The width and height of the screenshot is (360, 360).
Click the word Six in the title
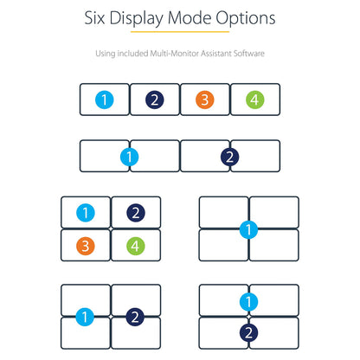click(x=94, y=18)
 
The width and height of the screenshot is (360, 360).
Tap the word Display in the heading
click(x=137, y=19)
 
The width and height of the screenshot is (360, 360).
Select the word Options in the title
click(x=246, y=19)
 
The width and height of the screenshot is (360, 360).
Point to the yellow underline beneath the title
click(x=180, y=31)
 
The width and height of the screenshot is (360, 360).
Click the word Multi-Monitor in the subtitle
click(x=175, y=54)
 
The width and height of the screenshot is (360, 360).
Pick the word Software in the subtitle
click(x=249, y=54)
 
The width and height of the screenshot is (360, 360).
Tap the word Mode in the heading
click(x=190, y=18)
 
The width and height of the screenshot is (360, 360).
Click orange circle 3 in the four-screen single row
click(x=205, y=100)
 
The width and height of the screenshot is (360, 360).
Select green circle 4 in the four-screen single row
click(x=255, y=100)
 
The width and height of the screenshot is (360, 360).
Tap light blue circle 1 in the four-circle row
click(x=105, y=100)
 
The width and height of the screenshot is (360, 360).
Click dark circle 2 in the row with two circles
click(x=229, y=157)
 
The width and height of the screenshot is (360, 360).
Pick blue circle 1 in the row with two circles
click(x=129, y=157)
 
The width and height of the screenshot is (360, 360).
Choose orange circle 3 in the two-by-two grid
click(x=86, y=246)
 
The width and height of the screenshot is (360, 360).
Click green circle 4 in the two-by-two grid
click(x=136, y=246)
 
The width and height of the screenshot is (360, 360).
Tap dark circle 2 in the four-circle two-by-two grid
click(x=136, y=213)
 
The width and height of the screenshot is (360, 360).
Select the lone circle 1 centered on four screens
click(x=248, y=229)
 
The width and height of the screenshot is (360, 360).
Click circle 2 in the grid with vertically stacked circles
click(x=248, y=333)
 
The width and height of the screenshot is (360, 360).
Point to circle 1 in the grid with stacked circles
click(x=248, y=302)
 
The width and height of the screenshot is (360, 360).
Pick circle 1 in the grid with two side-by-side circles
click(x=85, y=317)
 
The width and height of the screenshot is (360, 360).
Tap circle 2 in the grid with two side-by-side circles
click(x=135, y=317)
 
